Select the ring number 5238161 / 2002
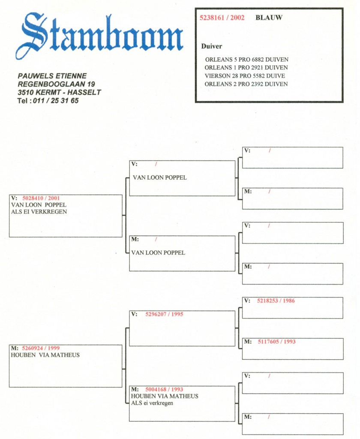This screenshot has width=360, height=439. coord(222,18)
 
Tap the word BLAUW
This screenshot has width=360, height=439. coord(269,18)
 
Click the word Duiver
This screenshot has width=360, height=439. coord(211,46)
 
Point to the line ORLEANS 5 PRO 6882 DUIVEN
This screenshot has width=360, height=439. coord(246,59)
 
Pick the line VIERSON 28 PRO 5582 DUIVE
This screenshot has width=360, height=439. coord(245,75)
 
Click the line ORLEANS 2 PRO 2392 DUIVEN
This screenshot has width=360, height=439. coord(246,84)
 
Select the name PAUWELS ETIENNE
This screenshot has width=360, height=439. coord(52,76)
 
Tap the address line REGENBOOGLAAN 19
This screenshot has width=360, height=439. coord(56,84)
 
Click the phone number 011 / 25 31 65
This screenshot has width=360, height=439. coord(56,101)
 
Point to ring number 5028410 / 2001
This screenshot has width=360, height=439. coord(41,198)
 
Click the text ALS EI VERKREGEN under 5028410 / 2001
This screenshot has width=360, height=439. coord(39,212)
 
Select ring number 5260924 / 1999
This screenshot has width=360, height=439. coord(41,348)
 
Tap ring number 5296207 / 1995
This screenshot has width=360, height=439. coord(164,314)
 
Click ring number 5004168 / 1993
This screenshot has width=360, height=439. coord(164,389)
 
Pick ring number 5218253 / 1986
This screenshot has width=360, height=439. coord(276,301)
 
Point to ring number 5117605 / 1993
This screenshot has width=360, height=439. coord(276,342)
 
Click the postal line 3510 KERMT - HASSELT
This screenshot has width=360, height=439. coord(59,93)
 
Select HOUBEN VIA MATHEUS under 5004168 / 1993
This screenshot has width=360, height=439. coord(165,396)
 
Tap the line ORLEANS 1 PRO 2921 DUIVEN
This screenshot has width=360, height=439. coord(246,67)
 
